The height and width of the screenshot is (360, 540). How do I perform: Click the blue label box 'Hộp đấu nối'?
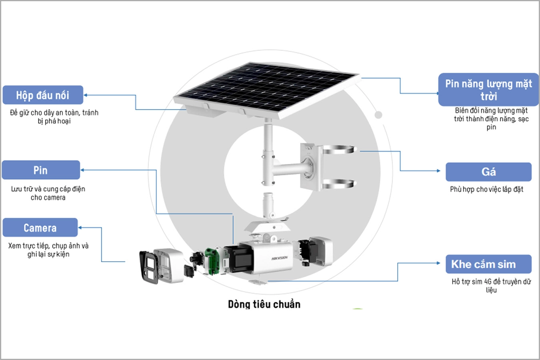pos(43,95)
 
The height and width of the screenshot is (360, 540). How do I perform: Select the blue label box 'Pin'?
pos(41,170)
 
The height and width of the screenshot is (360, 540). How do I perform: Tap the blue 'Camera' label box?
pos(40,228)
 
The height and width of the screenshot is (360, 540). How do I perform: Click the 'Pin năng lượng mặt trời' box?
pos(488,89)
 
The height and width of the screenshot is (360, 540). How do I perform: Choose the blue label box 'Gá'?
pos(488,172)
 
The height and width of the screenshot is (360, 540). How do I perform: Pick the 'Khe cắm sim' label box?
pos(488,264)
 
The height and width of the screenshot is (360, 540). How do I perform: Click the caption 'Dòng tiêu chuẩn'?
pos(264,304)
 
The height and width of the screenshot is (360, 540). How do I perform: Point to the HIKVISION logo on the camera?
pos(280,258)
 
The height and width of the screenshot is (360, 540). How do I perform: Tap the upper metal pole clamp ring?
pos(339,150)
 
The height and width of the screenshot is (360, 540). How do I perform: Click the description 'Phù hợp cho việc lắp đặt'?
pos(486,189)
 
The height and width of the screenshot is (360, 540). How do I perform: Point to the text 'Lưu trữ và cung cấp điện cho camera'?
pos(48,193)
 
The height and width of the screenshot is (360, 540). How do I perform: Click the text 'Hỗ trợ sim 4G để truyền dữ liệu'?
pos(491,286)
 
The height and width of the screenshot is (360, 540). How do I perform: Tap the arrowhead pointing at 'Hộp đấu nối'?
pos(86,95)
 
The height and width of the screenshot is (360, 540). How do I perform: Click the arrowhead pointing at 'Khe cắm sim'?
pos(438,263)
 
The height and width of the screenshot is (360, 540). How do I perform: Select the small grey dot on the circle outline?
pos(378,115)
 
